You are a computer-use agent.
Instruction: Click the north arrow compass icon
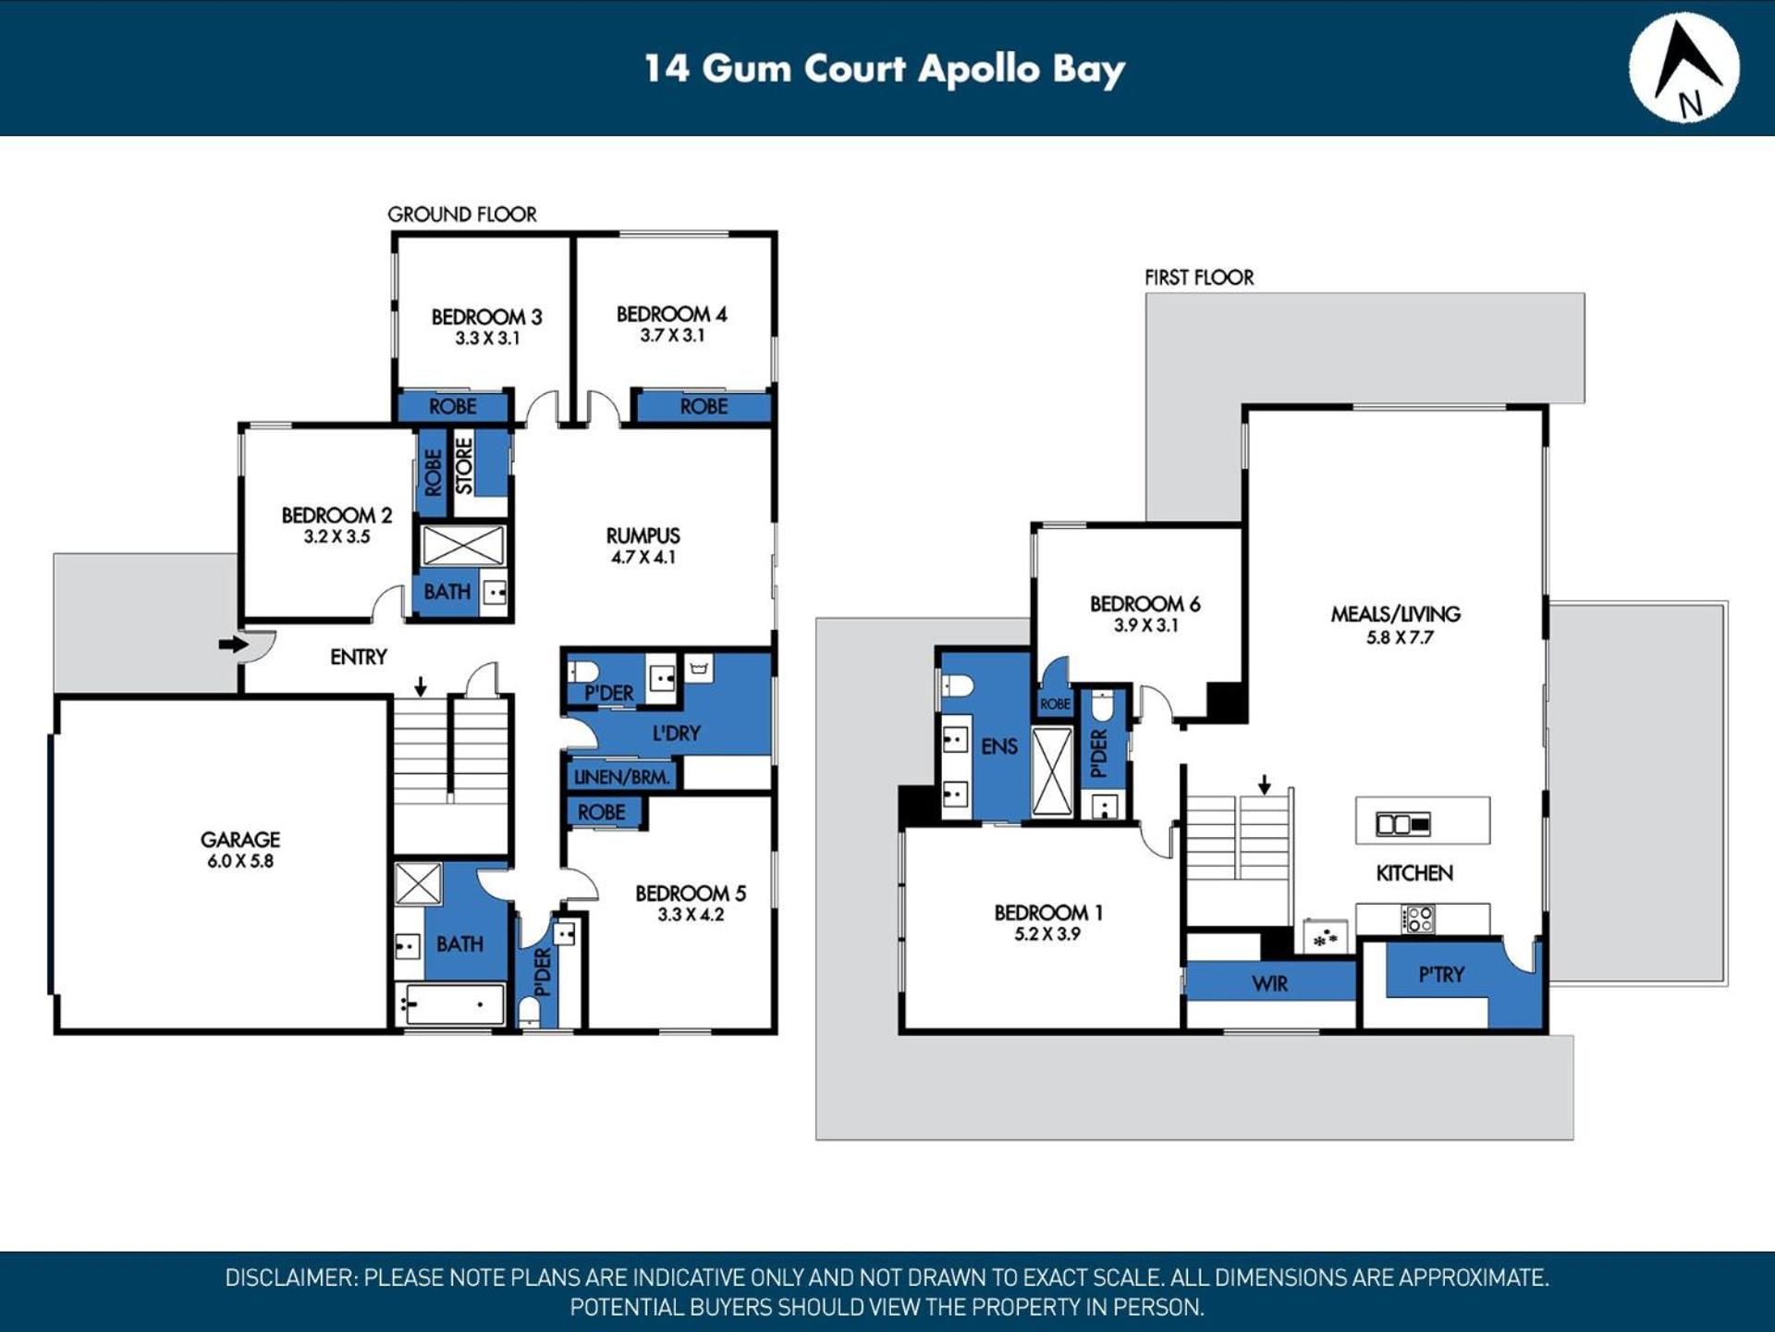coord(1683,68)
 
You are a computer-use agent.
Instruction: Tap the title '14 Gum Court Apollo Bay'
coord(885,69)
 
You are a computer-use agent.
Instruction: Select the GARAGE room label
coord(240,839)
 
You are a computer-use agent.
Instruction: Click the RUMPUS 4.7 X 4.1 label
coord(643,546)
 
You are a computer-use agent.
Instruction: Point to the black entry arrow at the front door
coord(233,644)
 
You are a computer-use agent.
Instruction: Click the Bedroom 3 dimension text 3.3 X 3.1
coord(487,339)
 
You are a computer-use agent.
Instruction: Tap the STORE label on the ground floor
coord(464,465)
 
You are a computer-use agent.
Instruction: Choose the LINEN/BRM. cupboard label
coord(622,777)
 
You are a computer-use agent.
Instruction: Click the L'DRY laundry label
coord(677,734)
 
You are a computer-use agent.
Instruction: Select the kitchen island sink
coord(1403,823)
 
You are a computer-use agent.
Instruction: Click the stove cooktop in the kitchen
coord(1418,919)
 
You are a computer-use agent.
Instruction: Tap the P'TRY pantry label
coord(1442,974)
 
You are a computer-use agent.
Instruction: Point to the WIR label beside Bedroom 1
coord(1269,983)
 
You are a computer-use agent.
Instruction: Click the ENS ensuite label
coord(999,746)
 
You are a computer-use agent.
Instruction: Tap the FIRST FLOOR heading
coord(1199,277)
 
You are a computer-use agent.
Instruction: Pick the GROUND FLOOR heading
coord(462,215)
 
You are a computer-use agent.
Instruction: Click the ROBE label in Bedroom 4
coord(704,406)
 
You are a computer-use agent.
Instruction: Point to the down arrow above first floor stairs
coord(1265,784)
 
